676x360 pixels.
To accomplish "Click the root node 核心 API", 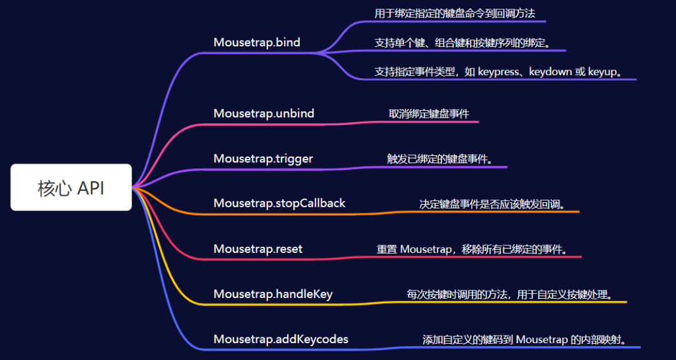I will (71, 188).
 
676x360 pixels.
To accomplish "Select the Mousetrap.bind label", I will (257, 43).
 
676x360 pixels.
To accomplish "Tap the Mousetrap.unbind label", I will (264, 113).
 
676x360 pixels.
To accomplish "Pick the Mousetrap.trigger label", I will (263, 158).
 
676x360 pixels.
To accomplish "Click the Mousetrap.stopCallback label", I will (279, 203).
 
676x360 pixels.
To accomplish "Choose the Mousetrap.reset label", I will (258, 249).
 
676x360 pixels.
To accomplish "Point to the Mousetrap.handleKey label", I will (273, 294).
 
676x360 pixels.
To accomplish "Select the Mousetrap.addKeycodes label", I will (280, 339).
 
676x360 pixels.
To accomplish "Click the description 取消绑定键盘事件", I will (429, 113).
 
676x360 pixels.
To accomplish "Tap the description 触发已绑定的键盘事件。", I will (440, 159).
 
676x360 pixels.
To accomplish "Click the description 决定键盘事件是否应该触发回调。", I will (492, 204).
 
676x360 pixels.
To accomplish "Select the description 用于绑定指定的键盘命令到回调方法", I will (454, 13).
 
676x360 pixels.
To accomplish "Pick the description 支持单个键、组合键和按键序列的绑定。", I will (462, 43).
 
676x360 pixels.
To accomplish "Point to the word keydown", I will (550, 72).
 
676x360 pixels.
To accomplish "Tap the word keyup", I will (603, 72).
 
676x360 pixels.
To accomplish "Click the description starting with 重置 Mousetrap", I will (473, 249).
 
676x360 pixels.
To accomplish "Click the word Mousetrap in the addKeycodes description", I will (542, 340).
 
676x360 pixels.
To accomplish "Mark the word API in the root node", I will (91, 188).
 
